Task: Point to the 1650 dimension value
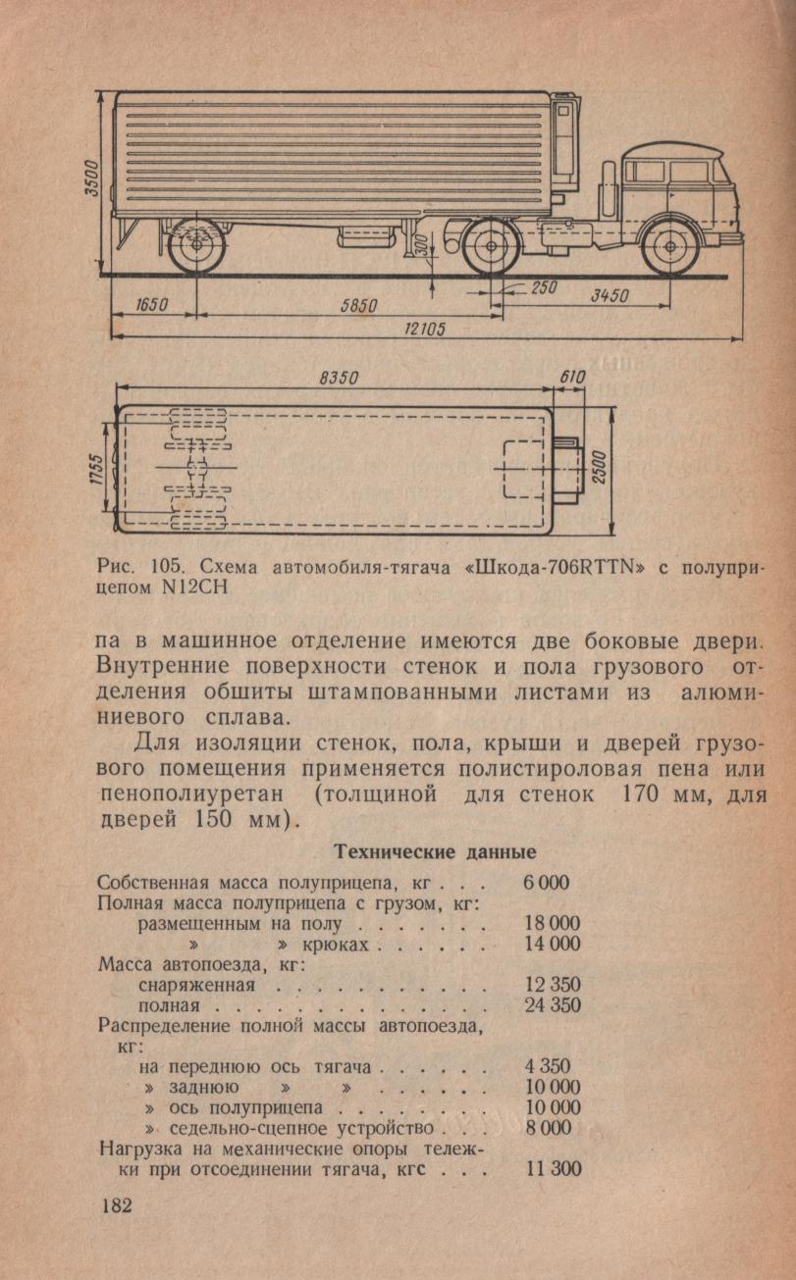pyautogui.click(x=152, y=305)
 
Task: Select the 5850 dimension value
pyautogui.click(x=359, y=305)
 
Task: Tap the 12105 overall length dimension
pyautogui.click(x=425, y=330)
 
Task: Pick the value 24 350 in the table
pyautogui.click(x=553, y=1004)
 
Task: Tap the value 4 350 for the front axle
pyautogui.click(x=547, y=1066)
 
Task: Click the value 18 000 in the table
pyautogui.click(x=553, y=923)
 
